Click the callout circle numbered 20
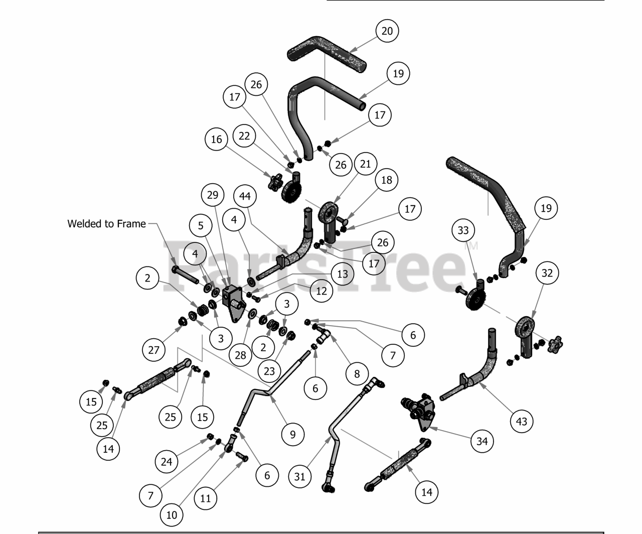387,31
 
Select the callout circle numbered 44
245,196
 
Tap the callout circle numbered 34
482,441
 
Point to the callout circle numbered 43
522,421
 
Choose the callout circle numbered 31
299,476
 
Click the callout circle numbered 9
293,434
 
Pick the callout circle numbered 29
213,194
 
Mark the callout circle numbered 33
463,230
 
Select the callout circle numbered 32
547,273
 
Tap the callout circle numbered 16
216,139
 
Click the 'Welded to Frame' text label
106,224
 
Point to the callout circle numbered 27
153,350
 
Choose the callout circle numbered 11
206,498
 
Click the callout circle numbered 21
365,164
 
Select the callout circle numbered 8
357,373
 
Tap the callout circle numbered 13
343,274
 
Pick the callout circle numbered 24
167,461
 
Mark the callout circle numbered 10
172,514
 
